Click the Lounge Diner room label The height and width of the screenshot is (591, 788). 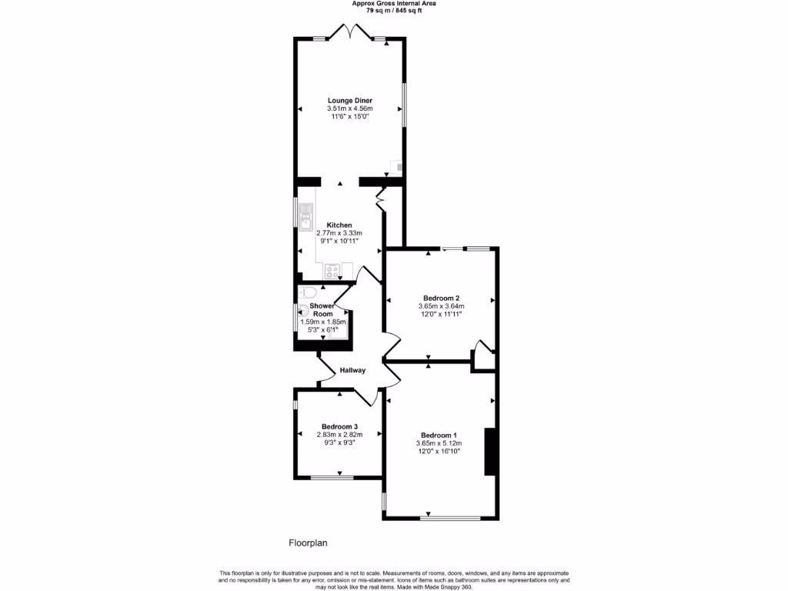click(x=351, y=100)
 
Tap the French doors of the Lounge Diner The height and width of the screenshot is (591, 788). click(x=351, y=32)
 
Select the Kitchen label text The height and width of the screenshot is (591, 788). click(x=339, y=225)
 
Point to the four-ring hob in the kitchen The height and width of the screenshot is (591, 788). click(x=333, y=270)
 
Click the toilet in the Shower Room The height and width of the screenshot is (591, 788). click(x=307, y=291)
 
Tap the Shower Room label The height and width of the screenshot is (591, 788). click(x=322, y=309)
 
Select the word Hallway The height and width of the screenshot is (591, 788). click(x=352, y=370)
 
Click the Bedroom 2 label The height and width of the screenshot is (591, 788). click(x=442, y=298)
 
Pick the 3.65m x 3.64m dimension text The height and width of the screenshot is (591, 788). click(x=442, y=306)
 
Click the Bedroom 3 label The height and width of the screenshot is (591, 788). click(x=339, y=426)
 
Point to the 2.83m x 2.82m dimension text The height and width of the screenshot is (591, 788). click(x=339, y=435)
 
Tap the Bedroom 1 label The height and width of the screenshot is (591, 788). click(x=439, y=435)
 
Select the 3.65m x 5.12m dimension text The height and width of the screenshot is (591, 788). click(x=439, y=443)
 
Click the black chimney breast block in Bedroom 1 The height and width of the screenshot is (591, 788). click(x=488, y=452)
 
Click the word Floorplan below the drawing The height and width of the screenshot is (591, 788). click(x=308, y=543)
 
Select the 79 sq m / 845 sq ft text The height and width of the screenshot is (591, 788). click(x=394, y=11)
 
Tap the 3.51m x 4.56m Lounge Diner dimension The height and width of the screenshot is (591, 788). click(x=351, y=109)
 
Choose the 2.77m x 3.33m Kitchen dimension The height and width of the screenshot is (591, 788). click(x=339, y=233)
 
